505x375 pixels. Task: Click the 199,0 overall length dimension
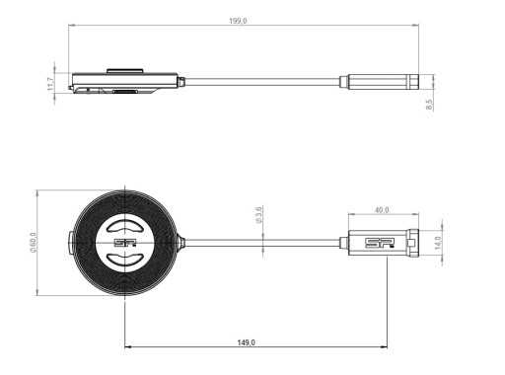(238, 21)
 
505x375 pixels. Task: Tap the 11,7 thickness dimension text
(50, 84)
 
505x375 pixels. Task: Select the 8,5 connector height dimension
(429, 105)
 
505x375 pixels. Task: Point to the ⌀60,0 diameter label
(33, 243)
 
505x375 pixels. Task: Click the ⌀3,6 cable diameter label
(258, 215)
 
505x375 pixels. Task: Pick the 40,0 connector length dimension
(382, 210)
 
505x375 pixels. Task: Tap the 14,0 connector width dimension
(438, 243)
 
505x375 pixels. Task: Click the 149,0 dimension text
(247, 342)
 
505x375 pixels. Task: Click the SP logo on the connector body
(380, 243)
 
